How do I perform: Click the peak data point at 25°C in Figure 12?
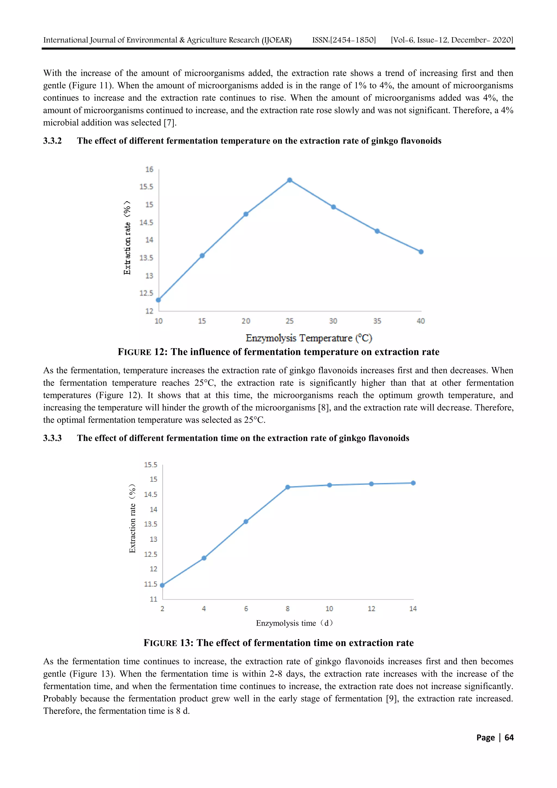[x=290, y=180]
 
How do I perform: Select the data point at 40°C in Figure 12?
[x=421, y=252]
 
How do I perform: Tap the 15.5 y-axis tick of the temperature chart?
[x=146, y=187]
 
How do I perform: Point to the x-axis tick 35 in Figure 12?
[x=377, y=321]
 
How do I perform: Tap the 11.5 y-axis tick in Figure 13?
[x=151, y=584]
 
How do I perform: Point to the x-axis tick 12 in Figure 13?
[x=371, y=608]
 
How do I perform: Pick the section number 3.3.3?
[x=52, y=438]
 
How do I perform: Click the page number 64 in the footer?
[x=509, y=738]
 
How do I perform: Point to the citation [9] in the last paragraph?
[x=392, y=699]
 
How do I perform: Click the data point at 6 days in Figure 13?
[x=246, y=522]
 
